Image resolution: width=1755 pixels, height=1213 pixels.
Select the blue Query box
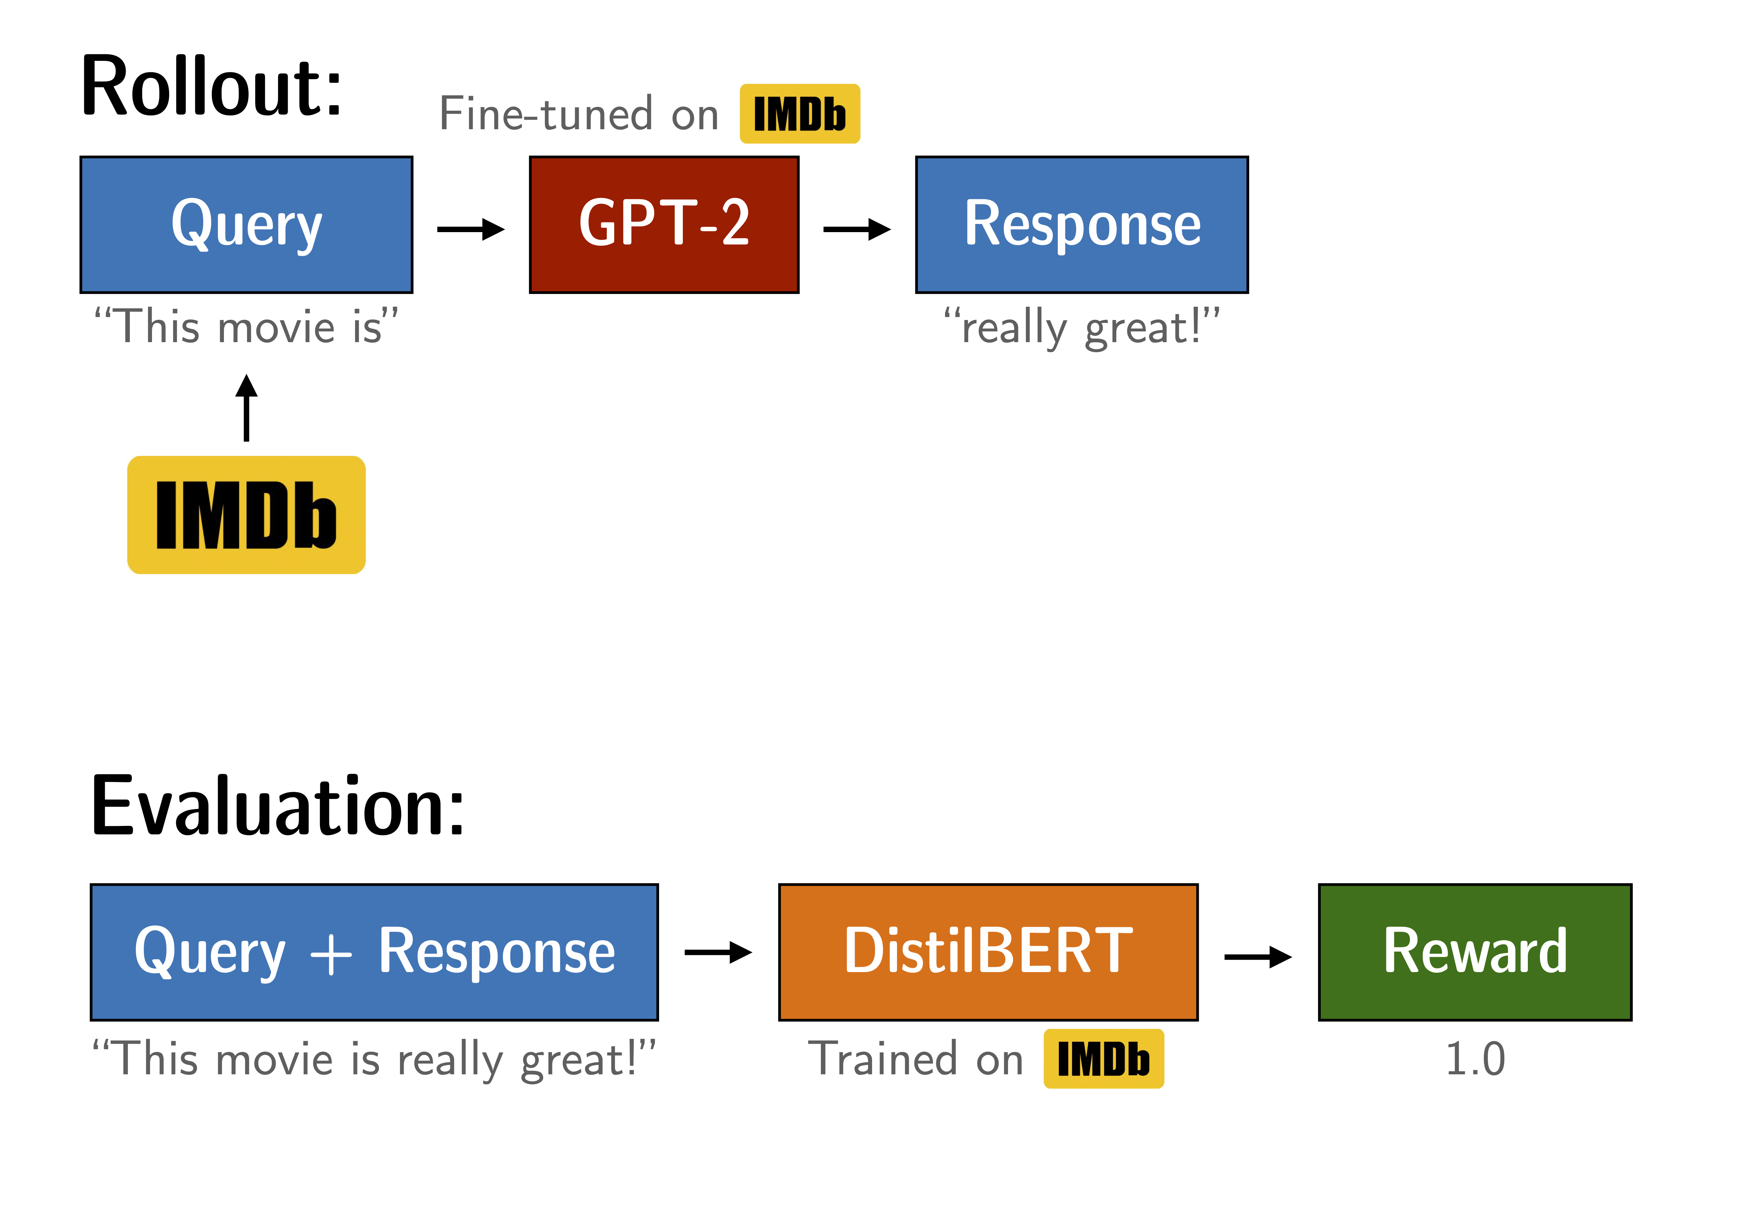pyautogui.click(x=246, y=225)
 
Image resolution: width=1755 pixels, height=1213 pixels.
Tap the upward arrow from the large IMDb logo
pyautogui.click(x=246, y=408)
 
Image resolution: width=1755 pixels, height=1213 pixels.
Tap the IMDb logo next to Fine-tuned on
pyautogui.click(x=799, y=114)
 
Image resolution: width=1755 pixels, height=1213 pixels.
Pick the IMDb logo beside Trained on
pyautogui.click(x=1103, y=1059)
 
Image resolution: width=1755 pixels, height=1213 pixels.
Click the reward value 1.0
pyautogui.click(x=1475, y=1059)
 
